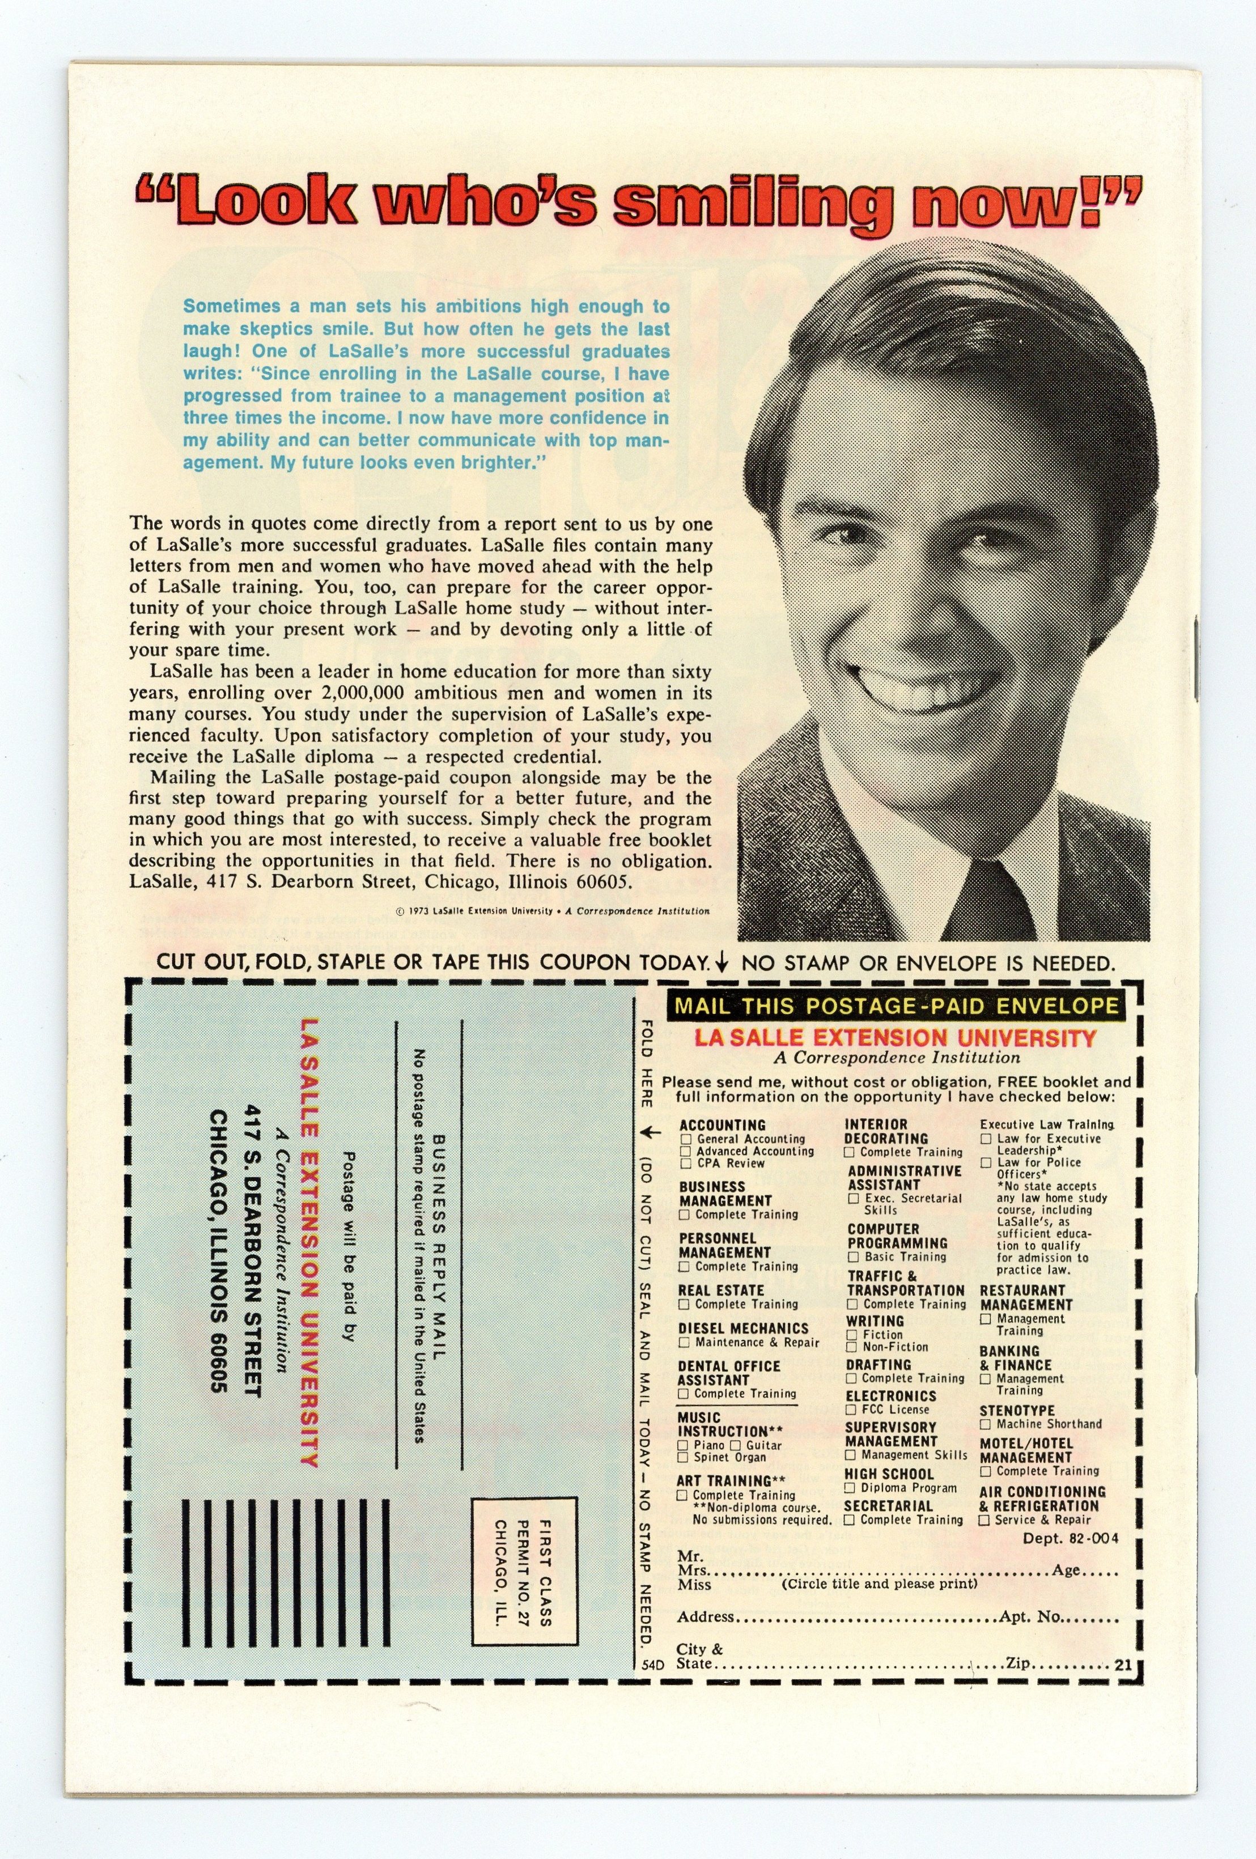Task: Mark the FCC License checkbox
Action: pyautogui.click(x=852, y=1410)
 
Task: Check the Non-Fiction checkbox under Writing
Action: pyautogui.click(x=852, y=1347)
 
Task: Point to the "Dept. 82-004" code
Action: pyautogui.click(x=1071, y=1538)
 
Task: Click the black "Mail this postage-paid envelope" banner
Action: pyautogui.click(x=896, y=1005)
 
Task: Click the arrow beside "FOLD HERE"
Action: pyautogui.click(x=652, y=1132)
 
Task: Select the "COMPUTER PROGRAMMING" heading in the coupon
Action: pyautogui.click(x=897, y=1236)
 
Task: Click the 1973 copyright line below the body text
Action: pyautogui.click(x=552, y=910)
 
